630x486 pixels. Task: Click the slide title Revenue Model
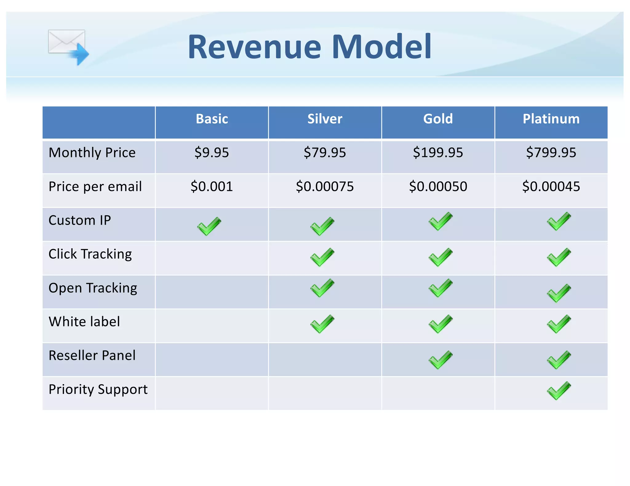tap(309, 47)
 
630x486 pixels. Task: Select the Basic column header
tap(212, 119)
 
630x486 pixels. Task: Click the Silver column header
tap(325, 119)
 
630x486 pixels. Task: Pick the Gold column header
tap(438, 119)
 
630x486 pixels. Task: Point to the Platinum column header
tap(551, 119)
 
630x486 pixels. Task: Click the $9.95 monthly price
tap(212, 153)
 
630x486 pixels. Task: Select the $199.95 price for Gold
tap(438, 153)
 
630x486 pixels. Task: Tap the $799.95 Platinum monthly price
tap(551, 153)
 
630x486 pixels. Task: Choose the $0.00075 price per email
tap(325, 186)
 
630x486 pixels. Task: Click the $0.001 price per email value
tap(212, 186)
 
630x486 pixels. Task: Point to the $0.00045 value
tap(551, 186)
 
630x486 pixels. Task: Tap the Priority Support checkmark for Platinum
tap(559, 390)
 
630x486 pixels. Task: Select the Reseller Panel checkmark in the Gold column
tap(441, 359)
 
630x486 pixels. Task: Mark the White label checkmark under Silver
tap(322, 324)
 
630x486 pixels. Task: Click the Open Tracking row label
tap(93, 288)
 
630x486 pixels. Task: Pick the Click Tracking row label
tap(90, 254)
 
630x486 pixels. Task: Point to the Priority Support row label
tap(98, 390)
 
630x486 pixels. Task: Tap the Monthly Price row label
tap(92, 153)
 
